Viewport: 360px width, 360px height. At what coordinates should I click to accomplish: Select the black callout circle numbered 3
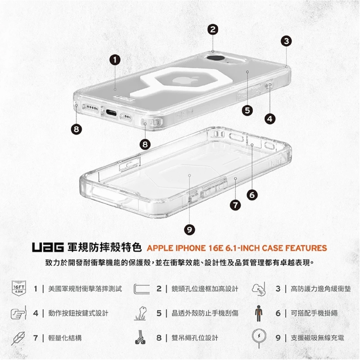(x=286, y=41)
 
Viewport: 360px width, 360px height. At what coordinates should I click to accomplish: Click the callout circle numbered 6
(x=252, y=195)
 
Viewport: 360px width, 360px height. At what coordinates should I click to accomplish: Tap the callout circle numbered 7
(x=235, y=205)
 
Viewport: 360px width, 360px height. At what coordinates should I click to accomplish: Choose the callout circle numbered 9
(x=189, y=229)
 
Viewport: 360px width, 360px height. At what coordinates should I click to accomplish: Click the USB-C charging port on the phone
(x=110, y=113)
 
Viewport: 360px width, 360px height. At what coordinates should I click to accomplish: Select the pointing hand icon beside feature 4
(x=18, y=313)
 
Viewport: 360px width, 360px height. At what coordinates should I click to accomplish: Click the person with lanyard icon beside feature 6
(x=258, y=313)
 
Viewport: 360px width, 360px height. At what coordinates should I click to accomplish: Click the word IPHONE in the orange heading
(x=190, y=248)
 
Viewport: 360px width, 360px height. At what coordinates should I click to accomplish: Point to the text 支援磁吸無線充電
(x=317, y=338)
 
